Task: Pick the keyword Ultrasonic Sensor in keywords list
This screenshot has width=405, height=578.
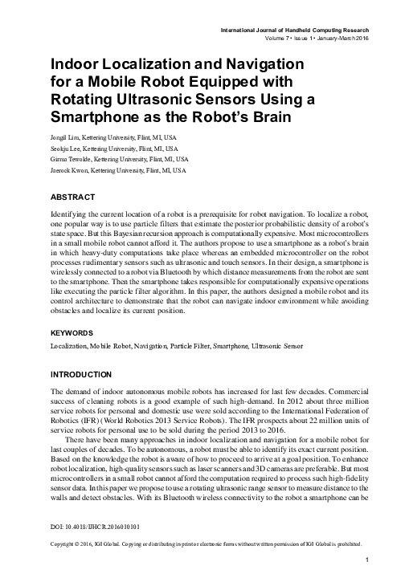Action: click(280, 345)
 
